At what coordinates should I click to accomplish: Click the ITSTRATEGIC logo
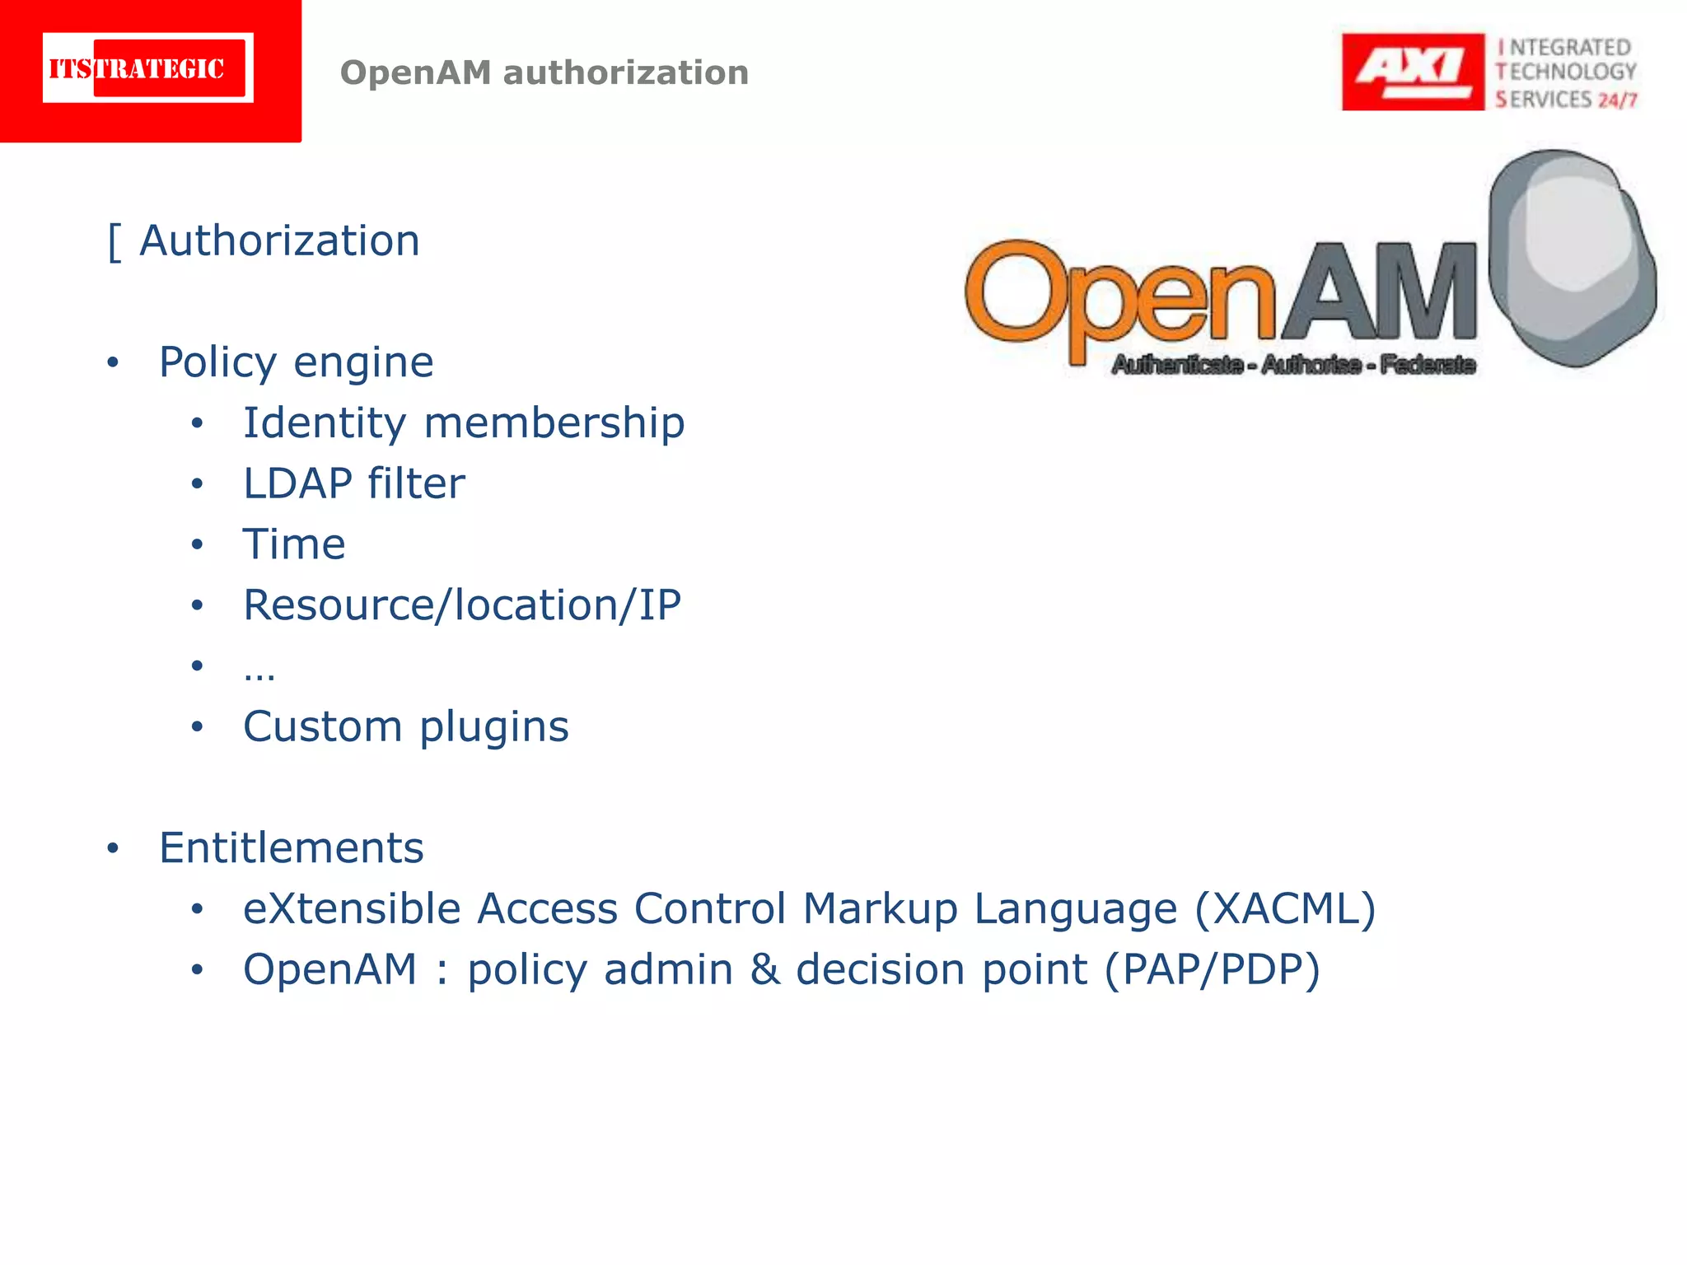point(148,68)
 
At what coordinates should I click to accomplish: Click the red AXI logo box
point(1412,72)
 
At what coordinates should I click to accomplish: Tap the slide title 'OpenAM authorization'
point(544,72)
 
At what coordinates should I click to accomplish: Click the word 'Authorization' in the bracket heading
point(279,241)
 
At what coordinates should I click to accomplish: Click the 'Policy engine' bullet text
point(296,362)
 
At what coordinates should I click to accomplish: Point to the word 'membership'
point(554,423)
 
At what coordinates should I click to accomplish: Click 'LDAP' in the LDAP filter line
point(297,483)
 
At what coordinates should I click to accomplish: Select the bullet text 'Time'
point(294,544)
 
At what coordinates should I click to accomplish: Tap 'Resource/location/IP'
point(461,605)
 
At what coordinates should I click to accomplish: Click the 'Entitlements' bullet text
point(291,848)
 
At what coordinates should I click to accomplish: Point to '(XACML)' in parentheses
point(1285,909)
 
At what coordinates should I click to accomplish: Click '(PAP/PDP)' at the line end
point(1212,970)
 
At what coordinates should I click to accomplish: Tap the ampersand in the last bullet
point(764,969)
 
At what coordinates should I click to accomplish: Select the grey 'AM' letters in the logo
point(1380,292)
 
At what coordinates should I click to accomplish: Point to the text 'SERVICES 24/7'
point(1566,100)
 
